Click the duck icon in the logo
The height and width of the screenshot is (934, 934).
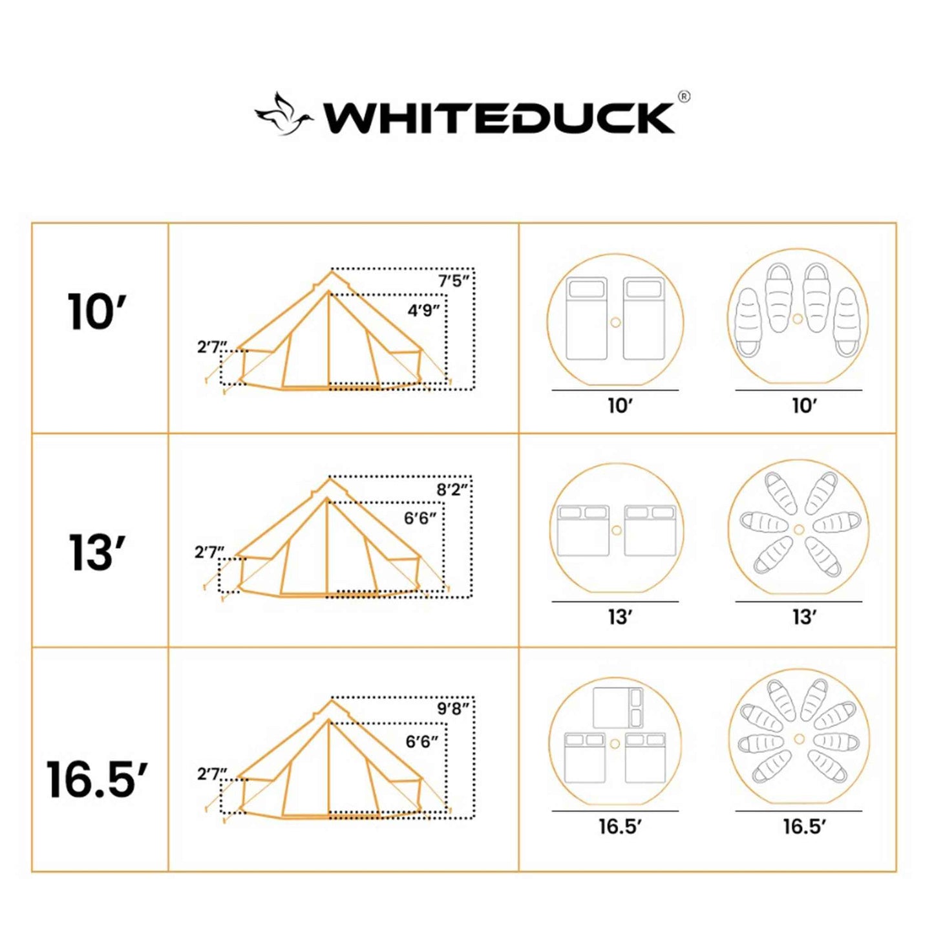[283, 114]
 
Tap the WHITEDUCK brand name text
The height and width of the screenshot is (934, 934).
[499, 118]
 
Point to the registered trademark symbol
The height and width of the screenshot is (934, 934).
[684, 96]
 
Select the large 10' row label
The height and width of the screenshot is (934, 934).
[97, 313]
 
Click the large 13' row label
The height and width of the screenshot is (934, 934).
[97, 553]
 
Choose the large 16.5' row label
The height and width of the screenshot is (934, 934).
[97, 780]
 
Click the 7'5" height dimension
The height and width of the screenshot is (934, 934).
[453, 281]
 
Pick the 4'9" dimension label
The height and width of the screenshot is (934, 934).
[423, 311]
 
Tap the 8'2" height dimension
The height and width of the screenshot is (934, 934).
[452, 489]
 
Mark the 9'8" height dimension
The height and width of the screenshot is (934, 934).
[452, 709]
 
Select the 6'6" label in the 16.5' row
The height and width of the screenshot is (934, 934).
[421, 741]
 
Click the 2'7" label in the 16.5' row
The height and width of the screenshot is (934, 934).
[212, 774]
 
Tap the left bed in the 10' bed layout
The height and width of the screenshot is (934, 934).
[586, 319]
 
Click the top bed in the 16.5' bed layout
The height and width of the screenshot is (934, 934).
[618, 708]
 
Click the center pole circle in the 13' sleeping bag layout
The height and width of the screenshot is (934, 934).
[799, 529]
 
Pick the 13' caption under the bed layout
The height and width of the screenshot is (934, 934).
[619, 617]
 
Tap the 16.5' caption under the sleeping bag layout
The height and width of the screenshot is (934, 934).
[804, 827]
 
